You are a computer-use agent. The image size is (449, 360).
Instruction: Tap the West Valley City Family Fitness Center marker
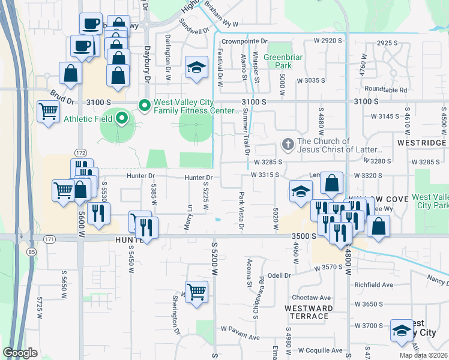(x=144, y=106)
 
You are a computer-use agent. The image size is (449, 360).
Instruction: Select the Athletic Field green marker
(x=121, y=118)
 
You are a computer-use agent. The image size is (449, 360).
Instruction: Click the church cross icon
(x=288, y=145)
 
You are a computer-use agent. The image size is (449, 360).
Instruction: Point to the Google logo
(x=20, y=353)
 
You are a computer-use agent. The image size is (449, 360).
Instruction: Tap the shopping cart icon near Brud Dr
(x=48, y=111)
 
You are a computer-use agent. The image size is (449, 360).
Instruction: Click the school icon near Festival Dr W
(x=196, y=68)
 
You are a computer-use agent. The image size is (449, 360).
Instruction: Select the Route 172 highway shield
(x=80, y=153)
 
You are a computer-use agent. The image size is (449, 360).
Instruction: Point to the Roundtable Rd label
(x=385, y=90)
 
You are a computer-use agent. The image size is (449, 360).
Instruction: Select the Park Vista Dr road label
(x=242, y=211)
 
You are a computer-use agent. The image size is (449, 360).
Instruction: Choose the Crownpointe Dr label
(x=243, y=41)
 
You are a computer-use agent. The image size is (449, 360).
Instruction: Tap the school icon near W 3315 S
(x=301, y=191)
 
